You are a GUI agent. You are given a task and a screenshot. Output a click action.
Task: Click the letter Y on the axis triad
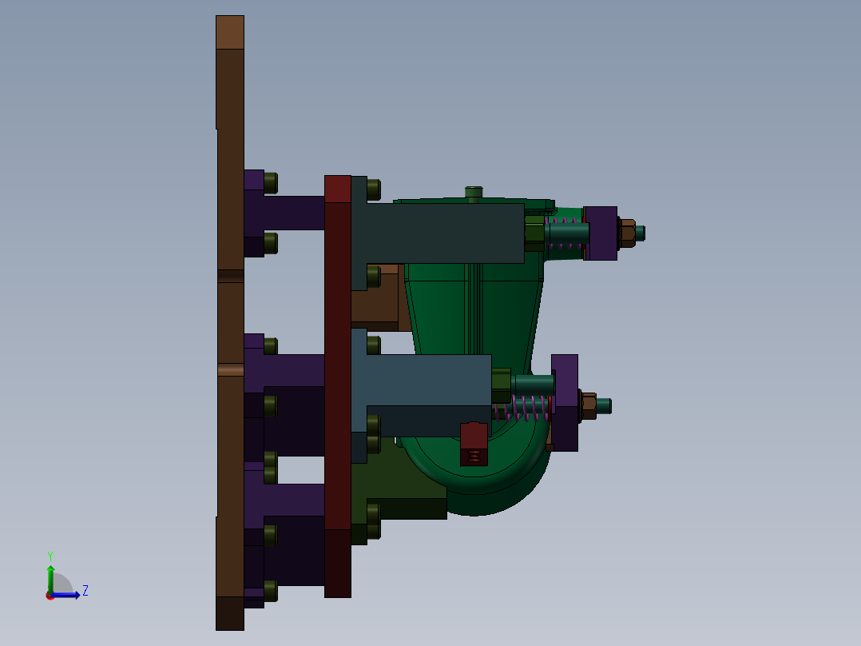[50, 555]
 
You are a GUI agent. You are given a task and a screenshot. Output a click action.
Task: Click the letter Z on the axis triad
[85, 591]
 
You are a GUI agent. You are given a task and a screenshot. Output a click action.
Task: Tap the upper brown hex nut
[627, 233]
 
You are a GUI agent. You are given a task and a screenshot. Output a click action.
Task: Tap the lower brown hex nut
[589, 405]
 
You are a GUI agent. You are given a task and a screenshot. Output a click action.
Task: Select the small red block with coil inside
[474, 444]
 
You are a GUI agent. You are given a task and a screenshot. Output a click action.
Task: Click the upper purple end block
[601, 233]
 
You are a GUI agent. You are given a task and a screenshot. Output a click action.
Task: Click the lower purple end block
[565, 402]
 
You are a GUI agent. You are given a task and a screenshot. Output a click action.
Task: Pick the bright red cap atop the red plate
[338, 189]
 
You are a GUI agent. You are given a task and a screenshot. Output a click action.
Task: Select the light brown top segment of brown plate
[230, 32]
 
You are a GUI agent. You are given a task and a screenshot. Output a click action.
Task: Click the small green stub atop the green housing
[474, 192]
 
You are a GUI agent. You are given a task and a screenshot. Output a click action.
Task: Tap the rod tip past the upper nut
[640, 233]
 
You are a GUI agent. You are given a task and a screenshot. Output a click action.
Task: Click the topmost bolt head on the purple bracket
[270, 182]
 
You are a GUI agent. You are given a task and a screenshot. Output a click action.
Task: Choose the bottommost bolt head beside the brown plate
[270, 590]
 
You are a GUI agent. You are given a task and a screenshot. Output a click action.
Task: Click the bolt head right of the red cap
[373, 189]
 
